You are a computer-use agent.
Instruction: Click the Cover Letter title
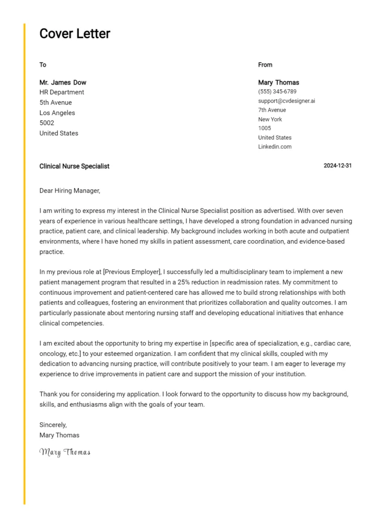[x=75, y=34]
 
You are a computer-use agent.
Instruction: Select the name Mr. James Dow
[x=63, y=82]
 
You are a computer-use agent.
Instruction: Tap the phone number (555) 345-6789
[x=277, y=92]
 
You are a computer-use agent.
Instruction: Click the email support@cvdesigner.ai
[x=286, y=101]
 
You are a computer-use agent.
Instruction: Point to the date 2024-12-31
[x=337, y=166]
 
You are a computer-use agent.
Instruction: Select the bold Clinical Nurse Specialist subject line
[x=74, y=167]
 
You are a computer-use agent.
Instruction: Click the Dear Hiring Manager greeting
[x=70, y=191]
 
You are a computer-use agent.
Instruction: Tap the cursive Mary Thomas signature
[x=65, y=453]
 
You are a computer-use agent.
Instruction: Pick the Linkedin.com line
[x=275, y=147]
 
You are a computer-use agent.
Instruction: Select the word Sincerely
[x=53, y=425]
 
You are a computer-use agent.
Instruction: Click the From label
[x=265, y=65]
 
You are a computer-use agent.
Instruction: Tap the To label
[x=43, y=65]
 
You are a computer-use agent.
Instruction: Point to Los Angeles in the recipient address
[x=57, y=113]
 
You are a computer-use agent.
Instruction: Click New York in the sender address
[x=270, y=119]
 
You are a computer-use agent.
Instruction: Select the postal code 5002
[x=47, y=123]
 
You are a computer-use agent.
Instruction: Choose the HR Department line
[x=62, y=92]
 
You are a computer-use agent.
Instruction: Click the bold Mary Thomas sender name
[x=278, y=82]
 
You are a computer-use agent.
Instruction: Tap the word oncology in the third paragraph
[x=54, y=354]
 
